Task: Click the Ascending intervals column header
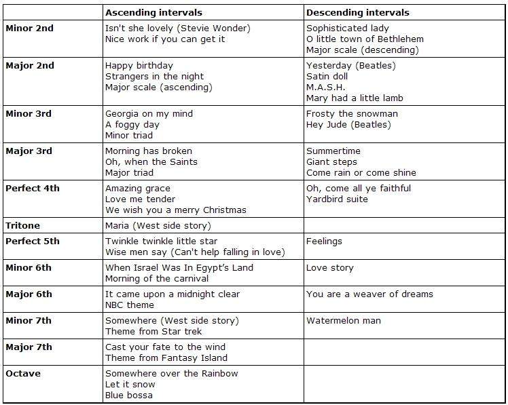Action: point(153,12)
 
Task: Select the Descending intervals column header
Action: point(358,12)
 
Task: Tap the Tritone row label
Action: point(22,225)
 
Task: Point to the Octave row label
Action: point(22,373)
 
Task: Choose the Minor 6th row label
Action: point(29,267)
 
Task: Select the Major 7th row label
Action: point(29,347)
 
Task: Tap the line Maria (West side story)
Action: point(158,225)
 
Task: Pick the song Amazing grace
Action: point(138,188)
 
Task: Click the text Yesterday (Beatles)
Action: point(350,66)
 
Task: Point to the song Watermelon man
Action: point(344,320)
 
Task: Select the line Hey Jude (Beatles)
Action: point(348,124)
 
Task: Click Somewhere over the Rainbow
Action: point(172,373)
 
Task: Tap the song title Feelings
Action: point(324,241)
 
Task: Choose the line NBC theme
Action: point(130,305)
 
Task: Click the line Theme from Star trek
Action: point(153,331)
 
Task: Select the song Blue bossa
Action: point(129,395)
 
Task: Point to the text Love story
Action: point(330,267)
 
